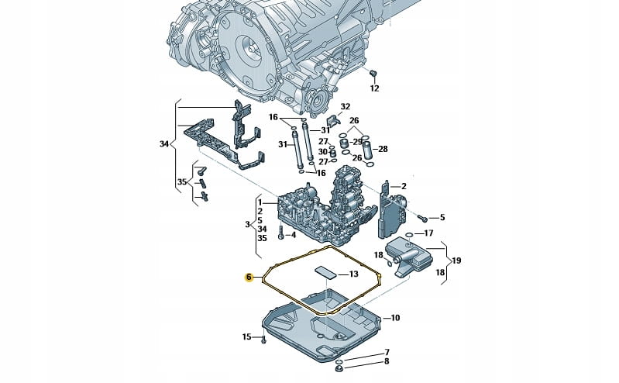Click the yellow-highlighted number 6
coord(249,277)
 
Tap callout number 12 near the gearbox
coord(374,88)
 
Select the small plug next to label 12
coord(372,73)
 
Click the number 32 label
coord(346,106)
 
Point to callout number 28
coord(383,148)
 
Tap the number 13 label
coord(352,274)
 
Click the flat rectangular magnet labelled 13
coord(325,272)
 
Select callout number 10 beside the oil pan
coord(394,317)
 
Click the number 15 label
coord(247,336)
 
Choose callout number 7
coord(387,353)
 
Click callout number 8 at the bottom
coord(387,362)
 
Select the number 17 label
coord(428,233)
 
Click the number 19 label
coord(456,261)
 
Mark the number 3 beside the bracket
coord(247,224)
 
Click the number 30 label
coord(324,152)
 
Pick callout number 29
coord(358,142)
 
